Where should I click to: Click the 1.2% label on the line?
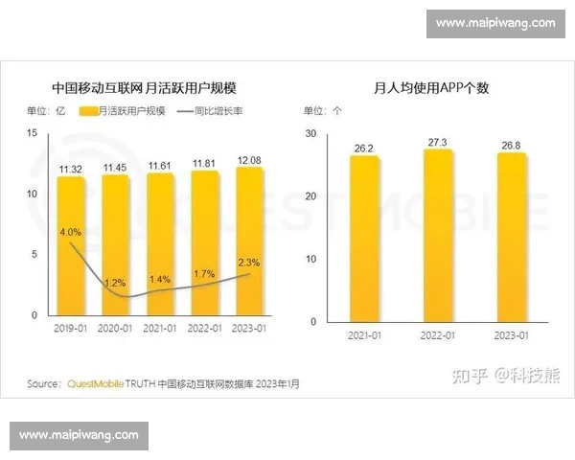tap(114, 283)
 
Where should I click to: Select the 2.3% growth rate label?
tap(248, 262)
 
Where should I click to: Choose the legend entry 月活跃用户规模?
tap(124, 111)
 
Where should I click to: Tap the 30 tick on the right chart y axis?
tap(310, 133)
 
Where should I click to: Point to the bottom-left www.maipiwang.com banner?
tap(79, 435)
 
